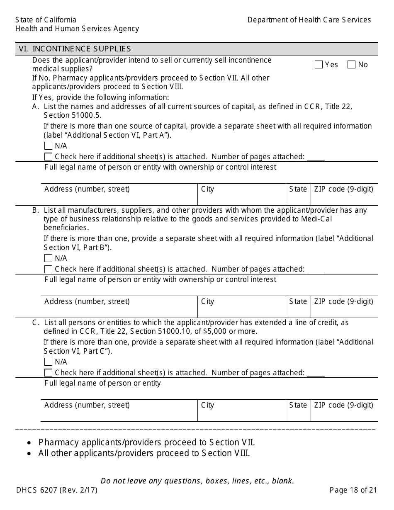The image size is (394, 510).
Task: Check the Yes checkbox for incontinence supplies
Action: (x=319, y=65)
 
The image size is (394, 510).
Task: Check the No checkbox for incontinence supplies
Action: (x=351, y=65)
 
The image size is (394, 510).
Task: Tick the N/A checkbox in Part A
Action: (x=48, y=146)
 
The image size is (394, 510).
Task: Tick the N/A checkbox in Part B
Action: (x=48, y=258)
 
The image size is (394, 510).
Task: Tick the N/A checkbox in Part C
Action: (x=48, y=362)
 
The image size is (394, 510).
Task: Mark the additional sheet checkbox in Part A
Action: (x=48, y=157)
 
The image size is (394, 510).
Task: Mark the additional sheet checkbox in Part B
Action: (x=48, y=269)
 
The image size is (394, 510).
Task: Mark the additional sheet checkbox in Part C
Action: (x=48, y=373)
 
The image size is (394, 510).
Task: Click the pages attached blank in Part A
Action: (x=316, y=158)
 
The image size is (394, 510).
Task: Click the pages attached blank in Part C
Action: (x=316, y=374)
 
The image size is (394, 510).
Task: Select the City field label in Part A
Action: (x=207, y=189)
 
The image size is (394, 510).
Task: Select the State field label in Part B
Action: (x=298, y=301)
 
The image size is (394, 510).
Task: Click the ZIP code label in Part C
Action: (x=343, y=405)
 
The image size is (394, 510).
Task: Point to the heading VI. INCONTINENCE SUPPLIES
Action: (x=75, y=49)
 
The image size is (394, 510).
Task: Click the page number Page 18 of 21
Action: (x=353, y=490)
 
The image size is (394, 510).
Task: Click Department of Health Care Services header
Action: (x=309, y=20)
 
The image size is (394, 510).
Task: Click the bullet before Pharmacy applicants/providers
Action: (x=29, y=443)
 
